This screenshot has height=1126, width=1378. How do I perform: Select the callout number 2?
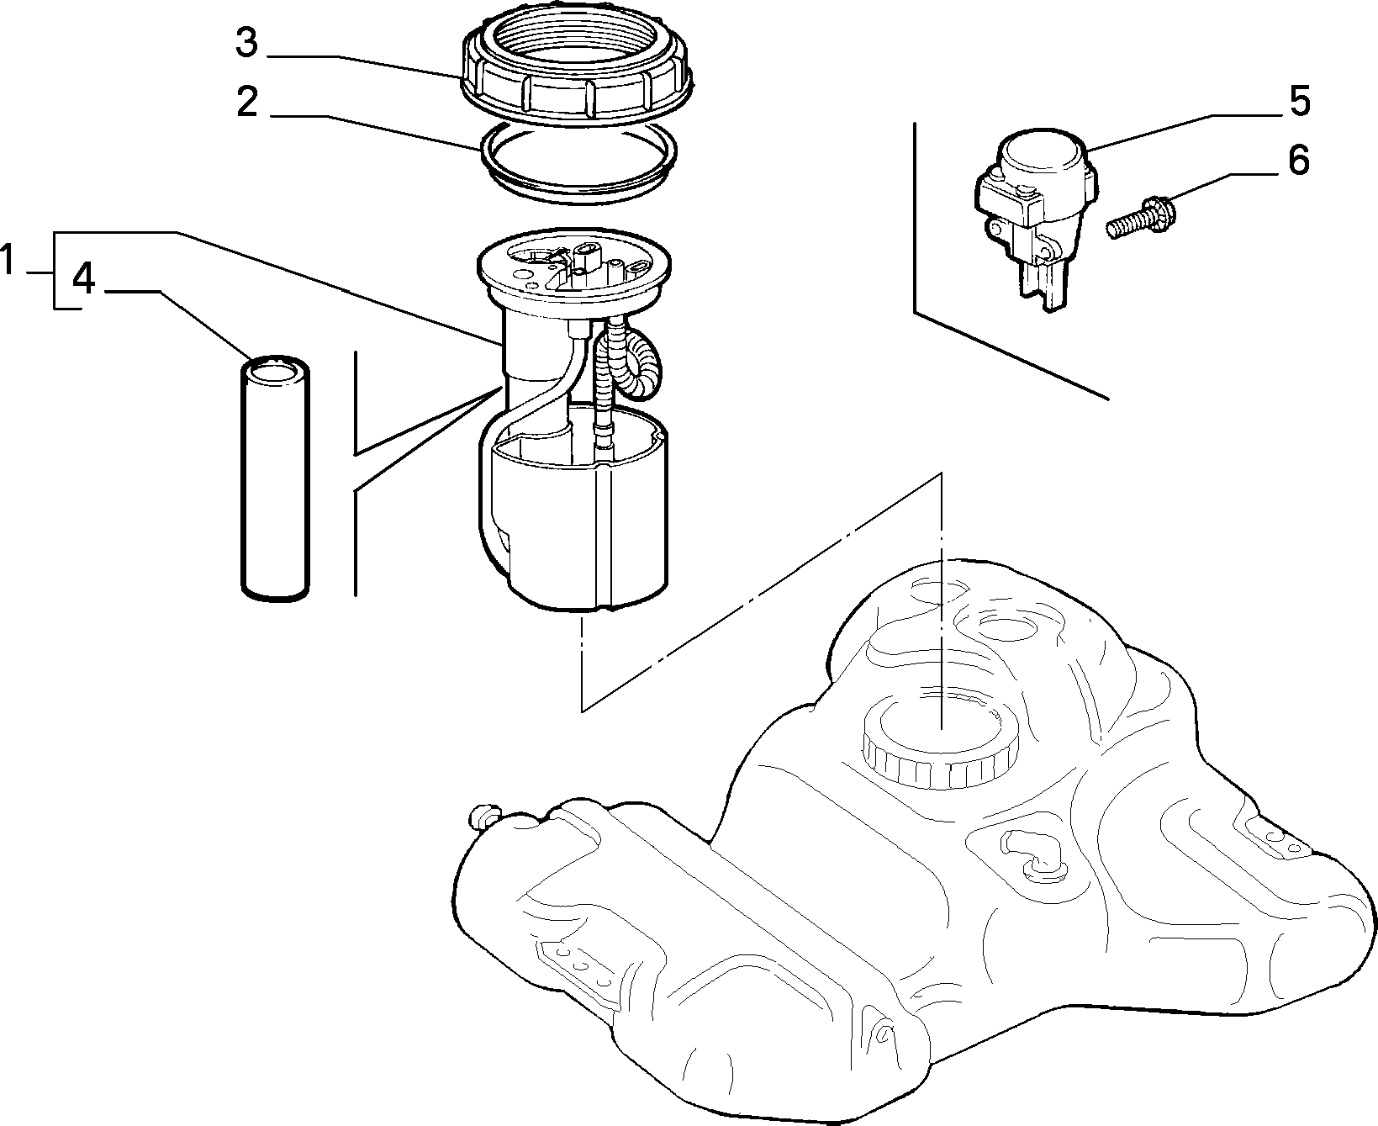click(x=246, y=103)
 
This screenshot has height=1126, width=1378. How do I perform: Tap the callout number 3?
click(x=246, y=42)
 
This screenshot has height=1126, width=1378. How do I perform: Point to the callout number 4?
click(x=84, y=278)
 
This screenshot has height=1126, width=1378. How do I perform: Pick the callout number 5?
click(x=1299, y=100)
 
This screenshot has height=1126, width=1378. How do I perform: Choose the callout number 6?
click(x=1299, y=160)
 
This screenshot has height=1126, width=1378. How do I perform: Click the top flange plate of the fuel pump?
click(x=575, y=270)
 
